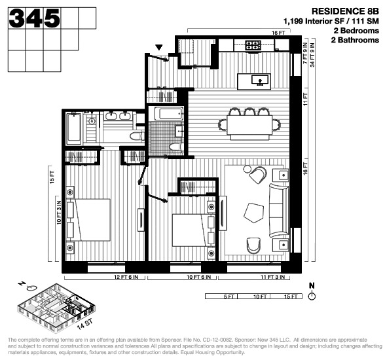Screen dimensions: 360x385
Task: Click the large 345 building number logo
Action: [35, 18]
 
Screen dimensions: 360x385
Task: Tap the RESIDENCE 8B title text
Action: [346, 11]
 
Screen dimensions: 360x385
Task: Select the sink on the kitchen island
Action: [260, 81]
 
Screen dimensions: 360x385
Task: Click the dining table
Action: [252, 124]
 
